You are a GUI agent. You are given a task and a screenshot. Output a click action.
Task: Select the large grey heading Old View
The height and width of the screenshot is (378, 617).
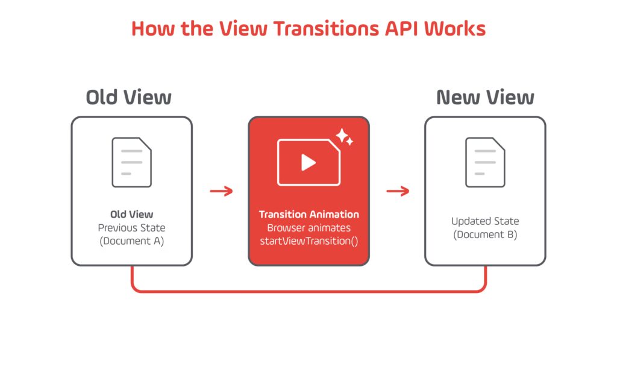(x=128, y=97)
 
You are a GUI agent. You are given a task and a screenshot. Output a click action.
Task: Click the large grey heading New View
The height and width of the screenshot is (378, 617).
(x=485, y=97)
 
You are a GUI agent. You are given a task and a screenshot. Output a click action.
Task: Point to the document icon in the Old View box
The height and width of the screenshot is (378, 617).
(x=131, y=162)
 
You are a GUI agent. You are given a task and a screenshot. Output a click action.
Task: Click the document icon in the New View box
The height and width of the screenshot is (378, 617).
(x=485, y=162)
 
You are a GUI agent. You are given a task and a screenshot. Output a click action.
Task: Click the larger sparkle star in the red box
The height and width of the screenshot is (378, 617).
(x=343, y=136)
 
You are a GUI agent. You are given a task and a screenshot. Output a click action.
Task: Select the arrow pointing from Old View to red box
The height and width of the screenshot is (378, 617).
(x=221, y=192)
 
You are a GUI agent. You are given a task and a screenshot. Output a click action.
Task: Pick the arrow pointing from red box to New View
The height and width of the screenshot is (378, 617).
(x=398, y=192)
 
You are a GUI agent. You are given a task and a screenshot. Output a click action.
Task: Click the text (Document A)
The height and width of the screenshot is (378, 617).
(x=131, y=241)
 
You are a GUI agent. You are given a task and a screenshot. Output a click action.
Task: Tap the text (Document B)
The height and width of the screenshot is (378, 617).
(x=485, y=235)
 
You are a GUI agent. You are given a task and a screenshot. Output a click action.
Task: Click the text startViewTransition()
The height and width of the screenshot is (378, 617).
(x=308, y=241)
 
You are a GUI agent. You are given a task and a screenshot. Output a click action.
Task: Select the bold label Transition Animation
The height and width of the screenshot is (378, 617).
(x=308, y=215)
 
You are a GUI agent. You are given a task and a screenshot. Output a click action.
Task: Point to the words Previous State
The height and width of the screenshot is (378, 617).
(x=131, y=228)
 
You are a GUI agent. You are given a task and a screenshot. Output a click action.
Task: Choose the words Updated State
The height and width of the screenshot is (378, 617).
(x=485, y=221)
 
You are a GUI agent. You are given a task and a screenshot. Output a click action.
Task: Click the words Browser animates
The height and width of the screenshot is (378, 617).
(x=308, y=228)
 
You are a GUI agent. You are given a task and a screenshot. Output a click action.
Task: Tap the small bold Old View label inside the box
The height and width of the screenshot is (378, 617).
(x=131, y=215)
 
